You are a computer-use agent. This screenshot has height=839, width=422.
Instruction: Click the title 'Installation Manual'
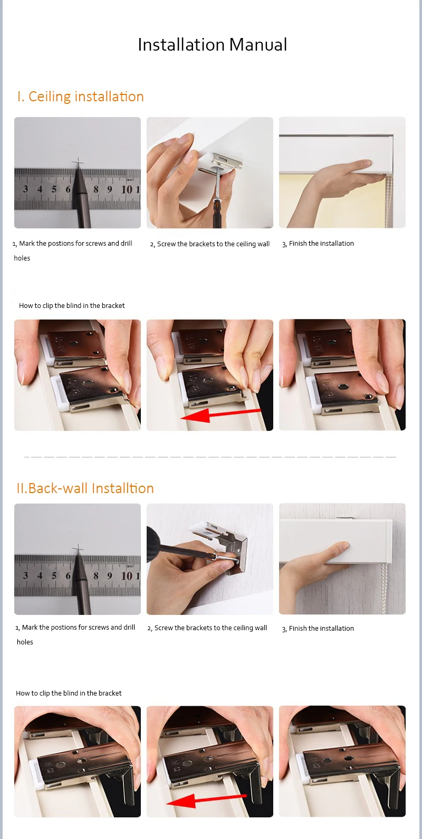point(212,45)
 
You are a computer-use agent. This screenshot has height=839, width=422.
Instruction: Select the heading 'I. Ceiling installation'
point(80,97)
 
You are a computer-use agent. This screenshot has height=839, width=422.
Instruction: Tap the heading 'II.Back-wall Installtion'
point(85,488)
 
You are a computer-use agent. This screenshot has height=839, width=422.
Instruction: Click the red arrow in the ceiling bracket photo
point(220,415)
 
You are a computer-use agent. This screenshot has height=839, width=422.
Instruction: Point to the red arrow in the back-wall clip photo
point(206,801)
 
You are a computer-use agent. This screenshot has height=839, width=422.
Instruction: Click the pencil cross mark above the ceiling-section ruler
point(78,163)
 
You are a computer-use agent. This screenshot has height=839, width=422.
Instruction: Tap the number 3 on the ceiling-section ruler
point(25,189)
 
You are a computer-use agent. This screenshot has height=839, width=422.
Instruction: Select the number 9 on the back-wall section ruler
point(109,576)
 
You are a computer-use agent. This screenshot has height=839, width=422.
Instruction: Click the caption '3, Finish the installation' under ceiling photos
point(318,244)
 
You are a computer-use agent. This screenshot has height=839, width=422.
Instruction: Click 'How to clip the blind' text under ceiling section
point(72,306)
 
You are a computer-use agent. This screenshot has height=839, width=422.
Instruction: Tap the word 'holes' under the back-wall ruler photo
point(25,642)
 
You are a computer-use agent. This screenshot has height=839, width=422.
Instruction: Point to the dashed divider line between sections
point(210,457)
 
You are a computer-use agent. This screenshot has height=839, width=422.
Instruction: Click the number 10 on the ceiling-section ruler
point(127,189)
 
